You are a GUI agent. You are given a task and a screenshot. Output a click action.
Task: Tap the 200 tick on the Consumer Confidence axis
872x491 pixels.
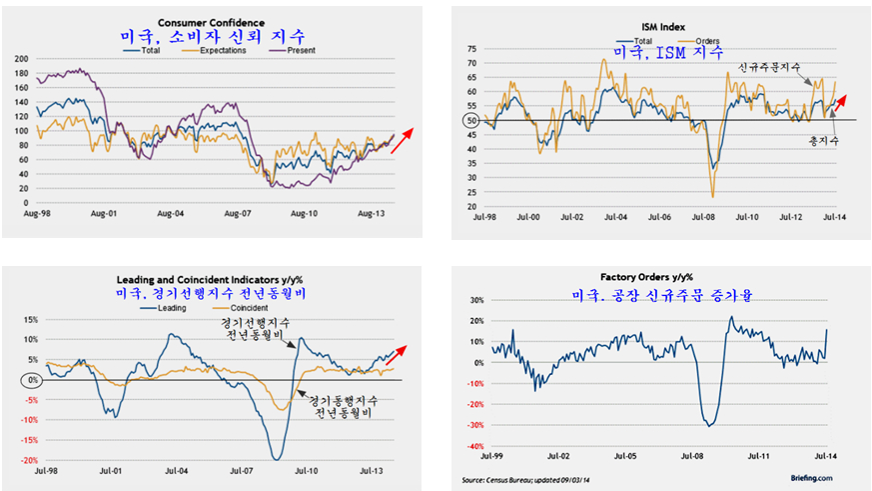point(21,59)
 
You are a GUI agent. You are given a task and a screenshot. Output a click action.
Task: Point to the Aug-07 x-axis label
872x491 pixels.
point(236,213)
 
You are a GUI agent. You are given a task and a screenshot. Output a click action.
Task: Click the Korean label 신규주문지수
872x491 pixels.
point(770,68)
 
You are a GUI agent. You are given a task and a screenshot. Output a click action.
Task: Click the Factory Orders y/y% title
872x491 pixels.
point(646,277)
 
